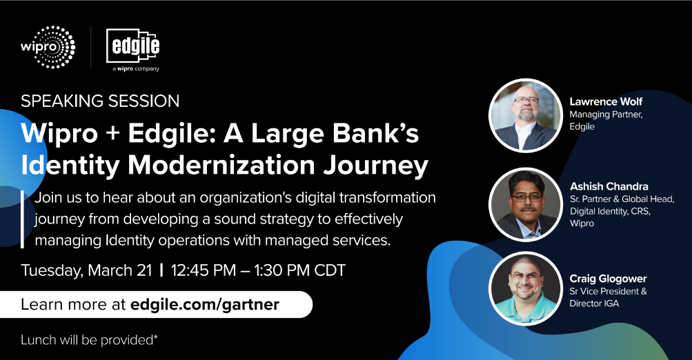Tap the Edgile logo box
point(133,46)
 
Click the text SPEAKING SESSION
point(100,101)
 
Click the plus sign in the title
point(113,134)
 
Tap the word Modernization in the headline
point(221,165)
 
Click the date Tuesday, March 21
point(86,270)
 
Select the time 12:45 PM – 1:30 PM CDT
point(258,270)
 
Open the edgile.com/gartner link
point(205,304)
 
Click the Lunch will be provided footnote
point(89,340)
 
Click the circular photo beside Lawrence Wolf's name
point(525,116)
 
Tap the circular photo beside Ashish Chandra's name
point(525,204)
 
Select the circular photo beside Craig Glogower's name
point(525,288)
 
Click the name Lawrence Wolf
point(606,101)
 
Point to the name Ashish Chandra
point(609,186)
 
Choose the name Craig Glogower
point(608,279)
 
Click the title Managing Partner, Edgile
point(606,121)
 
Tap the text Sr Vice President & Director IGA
point(608,297)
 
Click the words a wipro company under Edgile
point(135,69)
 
